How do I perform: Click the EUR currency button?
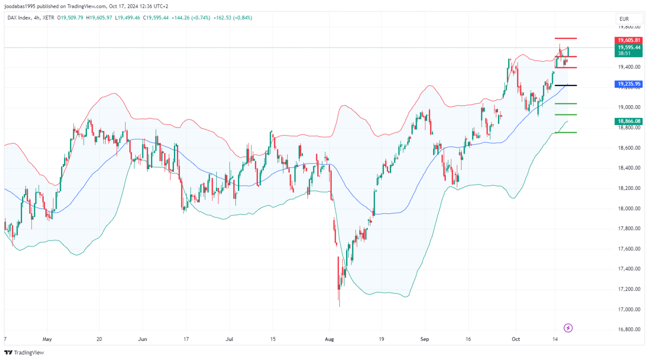coord(624,19)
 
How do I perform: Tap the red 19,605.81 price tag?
coord(629,40)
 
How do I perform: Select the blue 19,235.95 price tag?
coord(629,84)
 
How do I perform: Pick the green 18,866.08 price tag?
coord(629,122)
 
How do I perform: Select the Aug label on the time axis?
coord(330,339)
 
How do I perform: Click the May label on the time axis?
coord(47,339)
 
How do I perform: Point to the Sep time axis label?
coord(424,339)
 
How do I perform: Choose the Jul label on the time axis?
coord(229,339)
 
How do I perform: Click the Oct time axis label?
coord(516,339)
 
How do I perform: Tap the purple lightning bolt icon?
coord(568,328)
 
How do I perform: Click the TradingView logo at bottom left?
coord(24,353)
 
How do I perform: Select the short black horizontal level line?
coord(565,86)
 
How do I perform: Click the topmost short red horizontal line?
coord(565,39)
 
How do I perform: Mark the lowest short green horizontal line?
coord(565,132)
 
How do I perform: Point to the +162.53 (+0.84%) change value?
coord(233,18)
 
